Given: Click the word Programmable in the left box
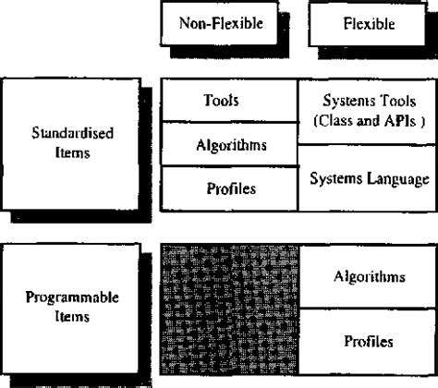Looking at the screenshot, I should coord(71,300).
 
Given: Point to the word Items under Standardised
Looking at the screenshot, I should coord(72,153).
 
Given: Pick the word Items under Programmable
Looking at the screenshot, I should coord(71,319).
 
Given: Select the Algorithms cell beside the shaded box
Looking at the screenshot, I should coord(368,276).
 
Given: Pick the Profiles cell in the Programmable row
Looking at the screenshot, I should coord(368,341).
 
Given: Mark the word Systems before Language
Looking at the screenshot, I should coord(335,178).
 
